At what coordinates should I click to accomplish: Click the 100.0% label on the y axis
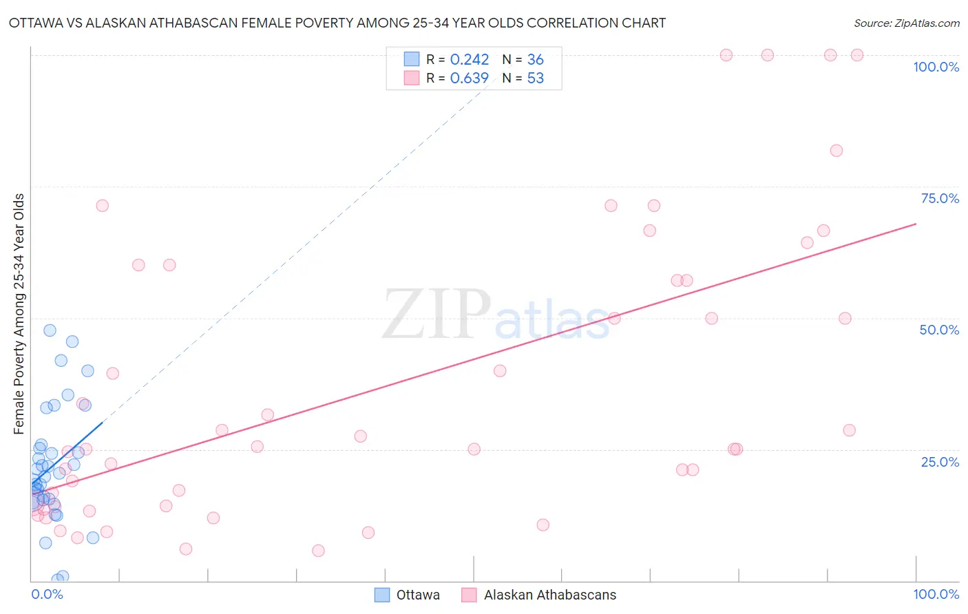click(x=936, y=67)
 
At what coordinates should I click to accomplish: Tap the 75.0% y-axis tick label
click(x=939, y=198)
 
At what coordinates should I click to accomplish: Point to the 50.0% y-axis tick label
click(x=939, y=330)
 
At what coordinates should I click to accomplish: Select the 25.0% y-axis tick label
click(x=939, y=461)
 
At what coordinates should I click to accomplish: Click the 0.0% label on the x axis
click(x=47, y=594)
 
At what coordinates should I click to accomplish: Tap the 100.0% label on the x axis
click(x=936, y=594)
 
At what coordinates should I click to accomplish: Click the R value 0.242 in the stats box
click(x=469, y=60)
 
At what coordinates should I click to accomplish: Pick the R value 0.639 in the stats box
click(x=469, y=78)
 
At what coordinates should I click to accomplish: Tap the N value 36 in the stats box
click(x=535, y=60)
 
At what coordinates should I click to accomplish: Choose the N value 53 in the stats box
click(x=535, y=78)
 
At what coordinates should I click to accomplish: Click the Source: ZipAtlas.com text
click(x=906, y=23)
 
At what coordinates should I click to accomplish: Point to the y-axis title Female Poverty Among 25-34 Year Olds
click(x=19, y=314)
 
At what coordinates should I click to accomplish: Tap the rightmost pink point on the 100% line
click(x=856, y=55)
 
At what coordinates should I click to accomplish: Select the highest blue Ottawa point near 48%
click(x=50, y=330)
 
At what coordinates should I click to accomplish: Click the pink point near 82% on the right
click(x=836, y=151)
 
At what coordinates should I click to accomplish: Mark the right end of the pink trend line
click(x=916, y=224)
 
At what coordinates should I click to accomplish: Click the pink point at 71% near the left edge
click(x=102, y=205)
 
